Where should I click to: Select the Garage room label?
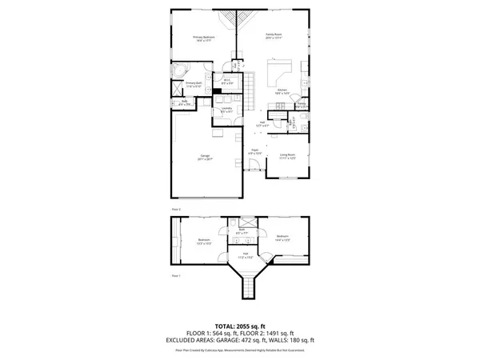coord(205,158)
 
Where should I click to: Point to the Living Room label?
coord(287,156)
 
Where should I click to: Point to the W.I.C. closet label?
coord(227,80)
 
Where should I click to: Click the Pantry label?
coord(302,104)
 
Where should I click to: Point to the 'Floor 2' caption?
coord(176,210)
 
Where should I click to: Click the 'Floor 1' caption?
coord(176,275)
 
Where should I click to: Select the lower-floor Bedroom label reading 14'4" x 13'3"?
coord(282,238)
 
